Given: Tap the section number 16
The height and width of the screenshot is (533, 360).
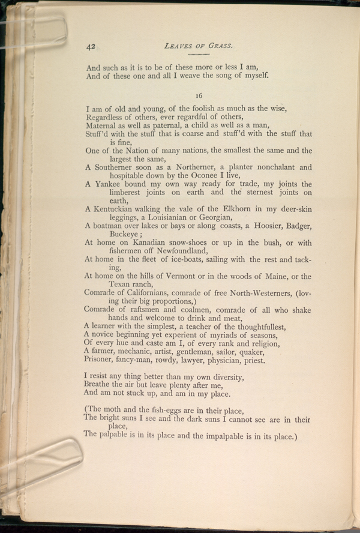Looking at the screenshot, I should [199, 94].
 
